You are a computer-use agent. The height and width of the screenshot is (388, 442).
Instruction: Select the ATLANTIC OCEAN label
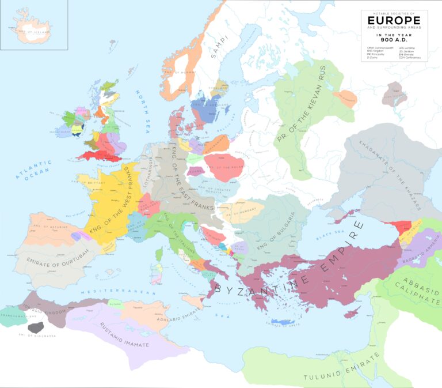click(35, 170)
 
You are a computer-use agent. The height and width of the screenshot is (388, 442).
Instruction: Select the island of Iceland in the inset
click(32, 32)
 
